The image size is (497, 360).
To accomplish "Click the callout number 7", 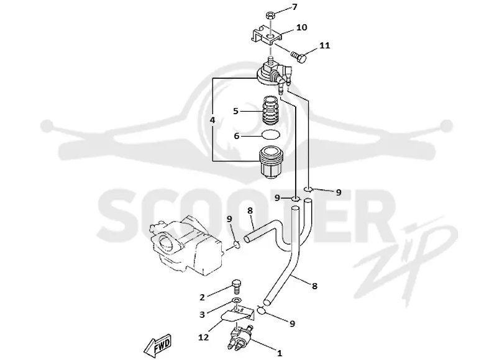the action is point(294,7).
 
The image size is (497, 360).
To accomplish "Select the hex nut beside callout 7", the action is point(270,14).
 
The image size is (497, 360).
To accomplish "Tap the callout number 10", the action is point(302,27).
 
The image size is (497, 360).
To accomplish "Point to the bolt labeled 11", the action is point(299,57).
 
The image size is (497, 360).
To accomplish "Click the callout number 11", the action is point(324,45).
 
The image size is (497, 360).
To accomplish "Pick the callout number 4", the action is point(212,120).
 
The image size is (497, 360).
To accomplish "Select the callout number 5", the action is point(235,111).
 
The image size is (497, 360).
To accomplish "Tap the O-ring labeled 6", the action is point(271,135).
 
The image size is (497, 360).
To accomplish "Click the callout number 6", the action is point(237,136).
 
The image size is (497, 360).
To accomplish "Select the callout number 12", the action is point(204,337).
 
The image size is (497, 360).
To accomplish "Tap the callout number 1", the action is point(279,353).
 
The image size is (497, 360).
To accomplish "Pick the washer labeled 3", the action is point(237,300).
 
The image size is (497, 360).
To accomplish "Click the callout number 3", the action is point(202,315).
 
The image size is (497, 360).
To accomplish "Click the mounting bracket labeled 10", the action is point(267,35).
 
